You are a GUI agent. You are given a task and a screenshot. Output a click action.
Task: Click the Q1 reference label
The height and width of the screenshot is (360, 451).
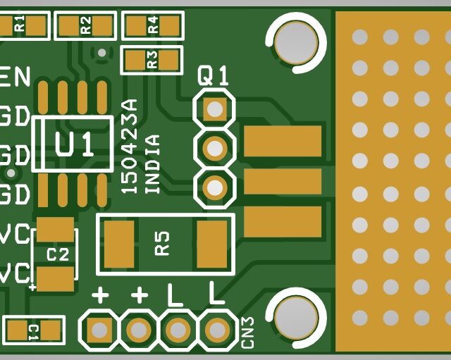tap(213, 76)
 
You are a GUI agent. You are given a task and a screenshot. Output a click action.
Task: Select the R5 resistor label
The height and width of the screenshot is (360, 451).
tap(163, 244)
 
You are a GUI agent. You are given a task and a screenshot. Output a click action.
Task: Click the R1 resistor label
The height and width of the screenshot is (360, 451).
tap(19, 25)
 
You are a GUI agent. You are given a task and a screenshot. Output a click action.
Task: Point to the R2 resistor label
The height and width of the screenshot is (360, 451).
tap(85, 26)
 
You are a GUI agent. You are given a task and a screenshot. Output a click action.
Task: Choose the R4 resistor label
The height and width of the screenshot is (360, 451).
tap(153, 26)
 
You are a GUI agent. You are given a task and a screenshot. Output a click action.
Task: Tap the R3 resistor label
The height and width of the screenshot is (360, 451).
tap(152, 60)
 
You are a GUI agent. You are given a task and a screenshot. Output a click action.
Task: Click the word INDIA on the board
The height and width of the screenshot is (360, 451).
tap(152, 163)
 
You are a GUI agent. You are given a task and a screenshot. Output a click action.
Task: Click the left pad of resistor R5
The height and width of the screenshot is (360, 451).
tap(118, 244)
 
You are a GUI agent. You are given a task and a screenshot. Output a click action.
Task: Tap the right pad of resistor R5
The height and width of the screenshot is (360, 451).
tap(209, 244)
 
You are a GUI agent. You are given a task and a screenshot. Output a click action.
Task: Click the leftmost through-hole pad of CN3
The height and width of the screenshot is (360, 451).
tap(99, 330)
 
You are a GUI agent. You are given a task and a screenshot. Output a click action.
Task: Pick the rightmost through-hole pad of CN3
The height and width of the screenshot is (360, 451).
tap(218, 330)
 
